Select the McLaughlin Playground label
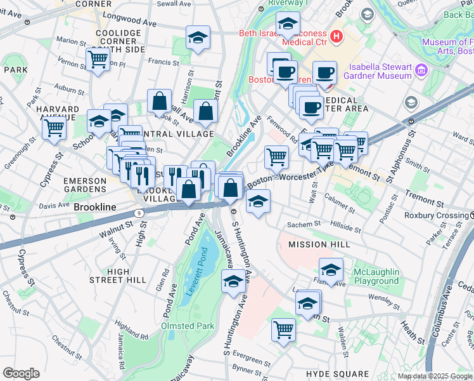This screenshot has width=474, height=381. (x=376, y=276)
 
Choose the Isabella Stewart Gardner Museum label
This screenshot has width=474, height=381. (x=387, y=71)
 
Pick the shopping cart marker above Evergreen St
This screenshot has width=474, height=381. (x=283, y=329)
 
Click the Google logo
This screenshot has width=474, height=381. (x=21, y=373)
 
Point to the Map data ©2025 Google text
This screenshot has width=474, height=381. (x=434, y=376)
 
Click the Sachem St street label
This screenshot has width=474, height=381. (x=300, y=225)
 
